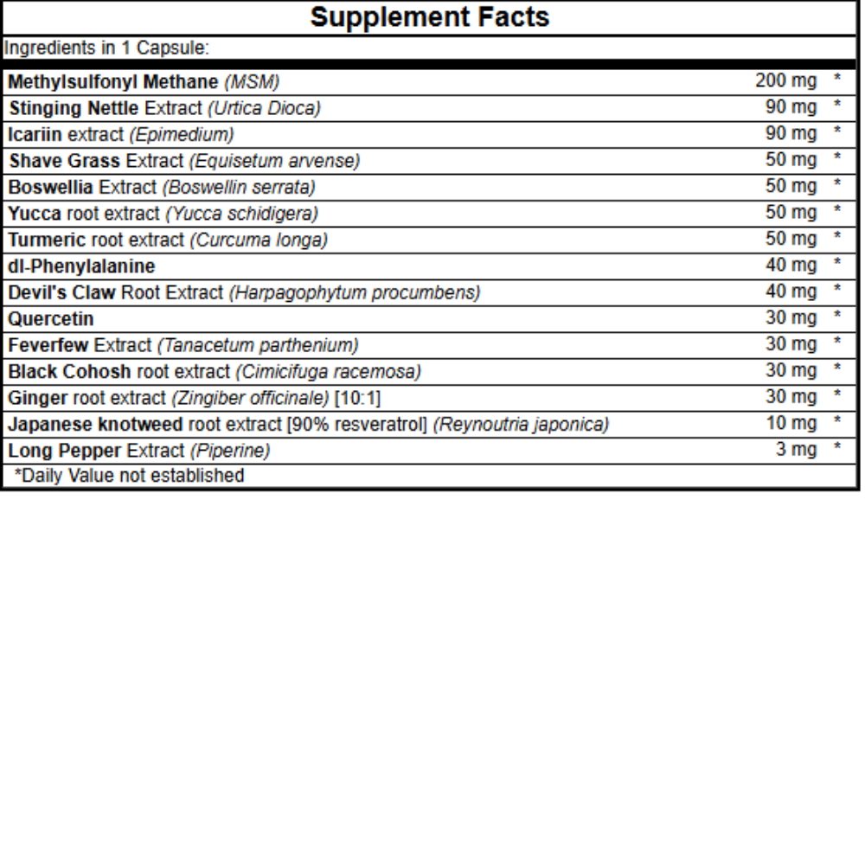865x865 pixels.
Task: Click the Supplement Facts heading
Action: (430, 17)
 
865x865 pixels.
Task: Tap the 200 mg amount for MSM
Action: (785, 81)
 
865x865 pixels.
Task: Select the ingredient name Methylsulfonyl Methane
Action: (113, 82)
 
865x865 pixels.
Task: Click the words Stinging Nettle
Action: (74, 108)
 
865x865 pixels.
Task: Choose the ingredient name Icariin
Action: (35, 134)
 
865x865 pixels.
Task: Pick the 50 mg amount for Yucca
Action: (791, 213)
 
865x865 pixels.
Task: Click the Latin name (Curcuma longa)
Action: (259, 240)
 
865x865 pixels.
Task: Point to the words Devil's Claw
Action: (62, 292)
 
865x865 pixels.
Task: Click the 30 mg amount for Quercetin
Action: (791, 318)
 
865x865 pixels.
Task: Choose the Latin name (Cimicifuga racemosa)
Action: (328, 372)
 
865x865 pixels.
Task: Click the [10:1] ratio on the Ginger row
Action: (357, 398)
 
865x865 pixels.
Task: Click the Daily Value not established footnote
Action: (130, 475)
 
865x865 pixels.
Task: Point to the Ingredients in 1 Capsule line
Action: (107, 48)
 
